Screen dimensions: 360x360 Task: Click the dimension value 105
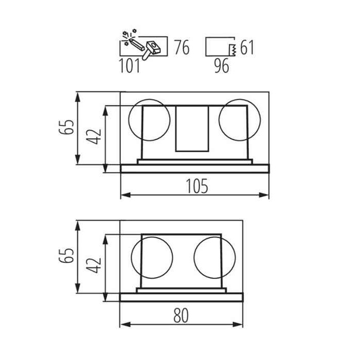pyautogui.click(x=197, y=186)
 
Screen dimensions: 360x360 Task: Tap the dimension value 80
pyautogui.click(x=181, y=315)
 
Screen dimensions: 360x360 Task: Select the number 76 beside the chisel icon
pyautogui.click(x=182, y=47)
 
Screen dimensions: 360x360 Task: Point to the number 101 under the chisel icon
pyautogui.click(x=130, y=66)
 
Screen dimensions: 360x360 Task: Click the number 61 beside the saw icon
pyautogui.click(x=247, y=47)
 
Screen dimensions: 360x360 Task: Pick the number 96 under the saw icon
pyautogui.click(x=222, y=66)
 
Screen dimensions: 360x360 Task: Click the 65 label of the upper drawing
pyautogui.click(x=66, y=127)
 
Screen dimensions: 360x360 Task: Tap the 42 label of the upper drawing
pyautogui.click(x=95, y=137)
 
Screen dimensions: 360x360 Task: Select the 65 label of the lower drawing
pyautogui.click(x=66, y=255)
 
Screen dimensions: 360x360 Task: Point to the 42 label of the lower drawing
pyautogui.click(x=95, y=265)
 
